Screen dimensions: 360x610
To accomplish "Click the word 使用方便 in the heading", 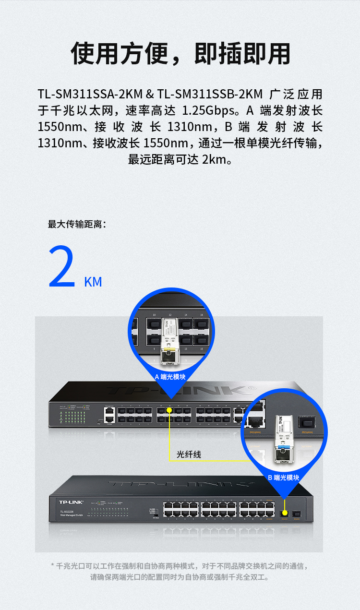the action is click(x=120, y=53).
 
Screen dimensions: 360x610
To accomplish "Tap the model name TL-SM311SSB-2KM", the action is click(x=210, y=94).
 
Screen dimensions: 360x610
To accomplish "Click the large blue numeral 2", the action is click(x=62, y=268).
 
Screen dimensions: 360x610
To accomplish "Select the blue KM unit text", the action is click(x=93, y=282).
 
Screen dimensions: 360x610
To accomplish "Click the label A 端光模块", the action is click(x=171, y=377).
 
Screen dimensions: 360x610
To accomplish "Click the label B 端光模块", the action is click(x=284, y=478).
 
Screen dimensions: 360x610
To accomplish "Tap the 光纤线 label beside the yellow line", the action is click(x=189, y=454).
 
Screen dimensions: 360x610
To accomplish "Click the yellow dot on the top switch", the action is click(x=169, y=411).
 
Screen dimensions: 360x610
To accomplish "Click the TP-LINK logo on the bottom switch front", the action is click(x=71, y=502).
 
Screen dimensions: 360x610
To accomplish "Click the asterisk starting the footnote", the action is click(x=53, y=566).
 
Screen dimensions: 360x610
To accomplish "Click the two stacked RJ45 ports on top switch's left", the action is click(x=109, y=415).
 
